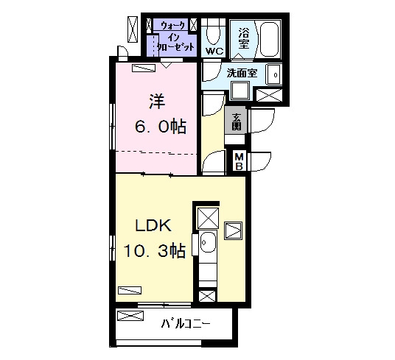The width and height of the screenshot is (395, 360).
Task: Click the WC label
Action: (x=214, y=52)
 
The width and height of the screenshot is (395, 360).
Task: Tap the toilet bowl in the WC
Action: (x=213, y=35)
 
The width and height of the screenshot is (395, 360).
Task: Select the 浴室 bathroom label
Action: (x=244, y=38)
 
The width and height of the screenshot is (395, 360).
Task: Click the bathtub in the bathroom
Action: (x=270, y=39)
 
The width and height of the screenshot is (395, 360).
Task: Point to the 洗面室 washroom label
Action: (x=242, y=73)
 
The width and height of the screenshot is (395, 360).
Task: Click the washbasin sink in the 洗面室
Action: (x=274, y=74)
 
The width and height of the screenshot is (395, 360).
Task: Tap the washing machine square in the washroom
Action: (x=240, y=91)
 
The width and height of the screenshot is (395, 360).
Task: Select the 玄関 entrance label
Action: (x=236, y=122)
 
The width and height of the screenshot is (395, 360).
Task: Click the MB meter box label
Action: (x=239, y=162)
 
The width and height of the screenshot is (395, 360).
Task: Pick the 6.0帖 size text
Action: (x=161, y=127)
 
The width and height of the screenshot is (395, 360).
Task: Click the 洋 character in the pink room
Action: (x=157, y=101)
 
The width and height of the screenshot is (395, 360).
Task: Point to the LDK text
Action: (x=153, y=225)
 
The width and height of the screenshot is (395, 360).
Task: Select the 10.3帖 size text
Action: (x=155, y=251)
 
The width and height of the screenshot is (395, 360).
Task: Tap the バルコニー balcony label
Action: (x=186, y=323)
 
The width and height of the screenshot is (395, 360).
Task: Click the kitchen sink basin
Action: (x=208, y=242)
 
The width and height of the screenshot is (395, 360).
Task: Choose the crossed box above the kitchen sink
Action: (x=208, y=218)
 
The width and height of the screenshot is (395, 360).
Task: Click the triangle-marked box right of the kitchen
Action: (x=234, y=230)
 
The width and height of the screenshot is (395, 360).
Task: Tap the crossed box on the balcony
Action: (x=130, y=316)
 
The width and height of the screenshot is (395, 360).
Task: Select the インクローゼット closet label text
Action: (x=175, y=42)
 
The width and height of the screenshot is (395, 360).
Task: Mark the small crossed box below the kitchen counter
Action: (x=207, y=296)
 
